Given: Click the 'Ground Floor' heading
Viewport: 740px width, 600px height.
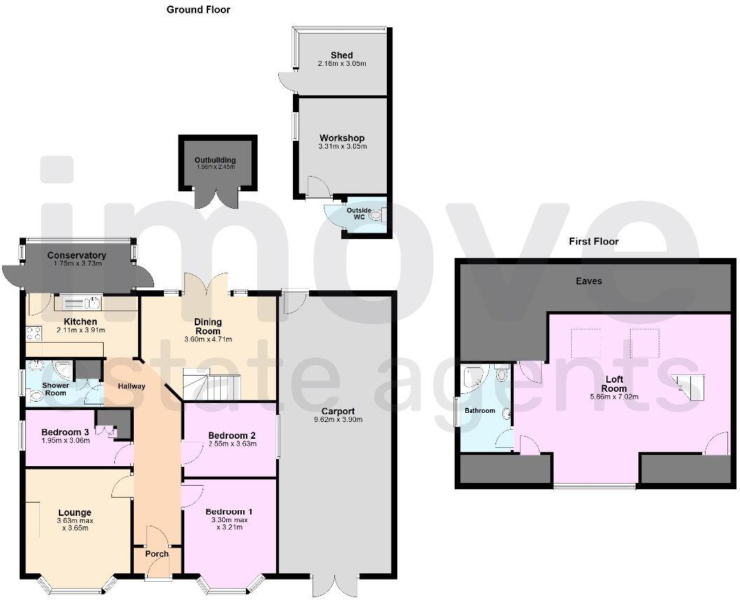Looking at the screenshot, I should (198, 10).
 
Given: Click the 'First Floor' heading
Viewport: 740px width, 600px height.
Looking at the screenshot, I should (594, 241).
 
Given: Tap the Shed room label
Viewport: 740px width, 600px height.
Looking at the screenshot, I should (341, 55).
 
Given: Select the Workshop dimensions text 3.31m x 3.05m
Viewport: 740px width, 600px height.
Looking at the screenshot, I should (341, 146).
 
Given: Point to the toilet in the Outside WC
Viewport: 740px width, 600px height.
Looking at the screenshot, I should (378, 213).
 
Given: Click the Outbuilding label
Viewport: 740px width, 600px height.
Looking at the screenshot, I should (214, 160).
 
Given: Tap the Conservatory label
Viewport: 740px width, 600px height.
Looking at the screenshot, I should (77, 255).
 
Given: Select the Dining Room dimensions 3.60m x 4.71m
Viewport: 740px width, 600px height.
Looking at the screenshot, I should (207, 339).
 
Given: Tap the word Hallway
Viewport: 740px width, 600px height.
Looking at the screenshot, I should (131, 386).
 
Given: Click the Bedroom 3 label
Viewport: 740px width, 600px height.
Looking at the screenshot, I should (64, 432).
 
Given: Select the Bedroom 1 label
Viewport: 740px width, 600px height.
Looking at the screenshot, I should (230, 512).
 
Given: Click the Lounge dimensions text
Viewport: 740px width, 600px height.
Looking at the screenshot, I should (74, 524).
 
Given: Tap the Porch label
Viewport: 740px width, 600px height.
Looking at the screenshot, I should (157, 554).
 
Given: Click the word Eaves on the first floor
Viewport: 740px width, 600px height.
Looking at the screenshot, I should (589, 281).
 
